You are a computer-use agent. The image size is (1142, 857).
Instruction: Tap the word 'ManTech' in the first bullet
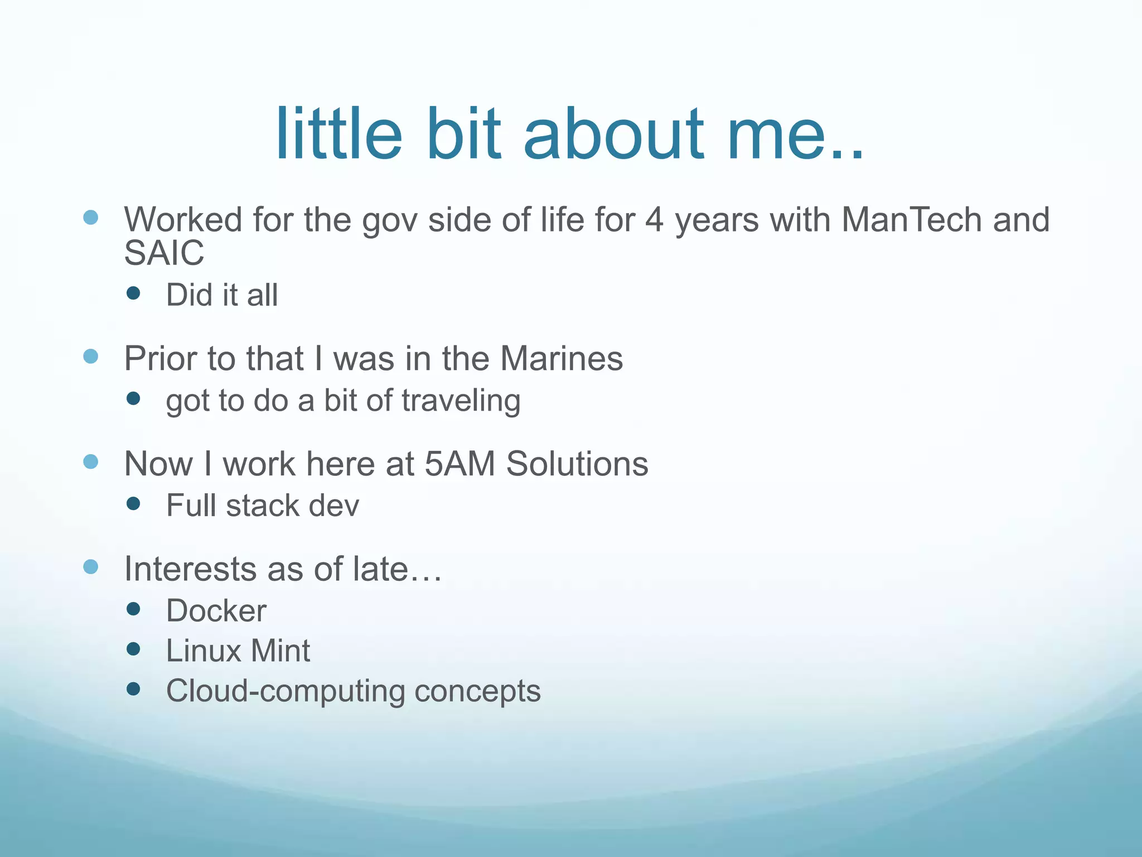tap(911, 219)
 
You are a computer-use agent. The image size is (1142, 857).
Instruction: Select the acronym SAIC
tap(164, 253)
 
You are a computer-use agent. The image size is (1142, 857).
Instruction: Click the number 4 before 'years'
tap(655, 219)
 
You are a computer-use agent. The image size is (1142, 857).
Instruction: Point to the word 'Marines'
tap(561, 358)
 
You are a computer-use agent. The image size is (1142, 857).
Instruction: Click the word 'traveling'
tap(461, 401)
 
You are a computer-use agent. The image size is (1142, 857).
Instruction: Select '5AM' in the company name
tap(459, 464)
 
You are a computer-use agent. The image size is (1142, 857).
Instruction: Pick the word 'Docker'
tap(216, 611)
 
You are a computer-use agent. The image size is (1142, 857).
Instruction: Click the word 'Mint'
tap(280, 651)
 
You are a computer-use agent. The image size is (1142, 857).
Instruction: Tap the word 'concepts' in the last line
tap(477, 691)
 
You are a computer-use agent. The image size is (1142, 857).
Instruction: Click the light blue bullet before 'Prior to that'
tap(90, 356)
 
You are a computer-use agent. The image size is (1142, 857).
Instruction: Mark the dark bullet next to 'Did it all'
tap(133, 293)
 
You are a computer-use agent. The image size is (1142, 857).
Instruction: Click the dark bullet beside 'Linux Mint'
tap(133, 649)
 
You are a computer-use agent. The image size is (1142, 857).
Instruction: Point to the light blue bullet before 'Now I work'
tap(90, 461)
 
